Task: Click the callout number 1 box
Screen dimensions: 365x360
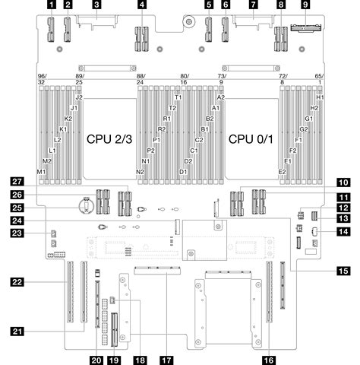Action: pos(51,5)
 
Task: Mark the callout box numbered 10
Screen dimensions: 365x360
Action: pos(343,181)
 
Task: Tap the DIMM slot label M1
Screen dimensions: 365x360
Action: pos(42,172)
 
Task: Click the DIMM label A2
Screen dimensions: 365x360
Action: pos(221,98)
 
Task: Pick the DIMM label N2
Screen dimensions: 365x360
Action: pos(141,172)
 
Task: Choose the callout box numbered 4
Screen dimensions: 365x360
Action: pos(142,5)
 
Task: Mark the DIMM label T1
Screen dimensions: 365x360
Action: pos(178,98)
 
